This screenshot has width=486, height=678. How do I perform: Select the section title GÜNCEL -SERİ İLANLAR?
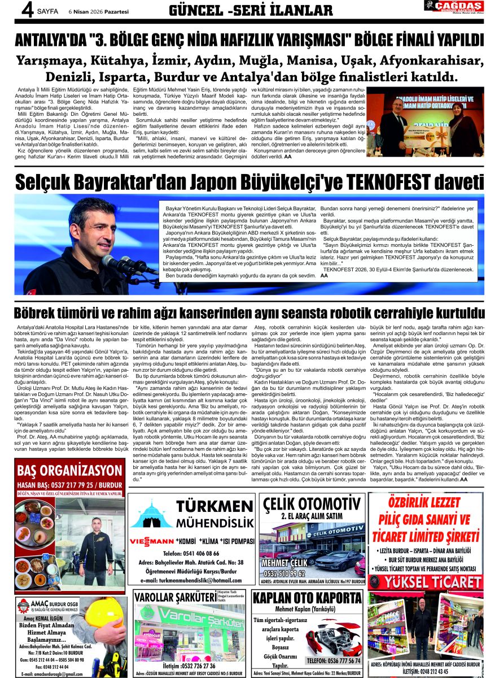tap(251, 10)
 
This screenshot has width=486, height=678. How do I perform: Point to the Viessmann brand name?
tap(151, 541)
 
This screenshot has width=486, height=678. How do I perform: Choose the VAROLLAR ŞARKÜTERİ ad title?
tap(169, 598)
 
